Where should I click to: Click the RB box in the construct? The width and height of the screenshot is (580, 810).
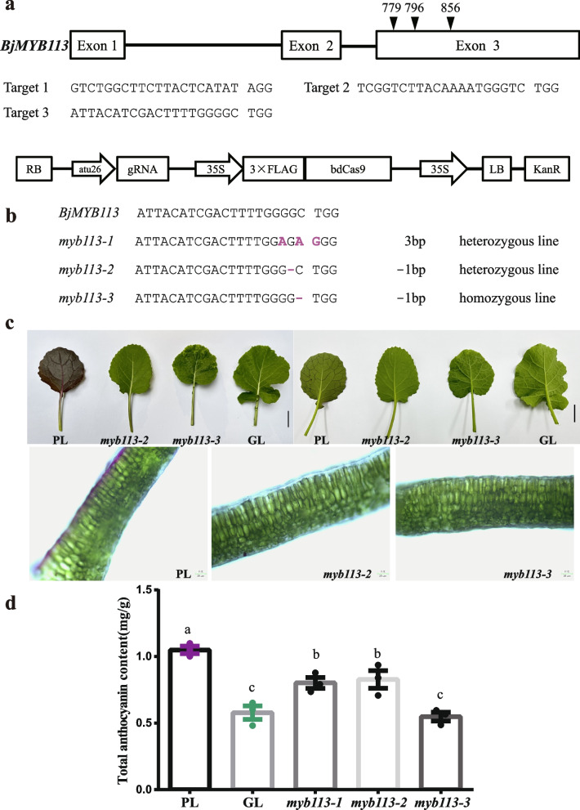click(x=34, y=169)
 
